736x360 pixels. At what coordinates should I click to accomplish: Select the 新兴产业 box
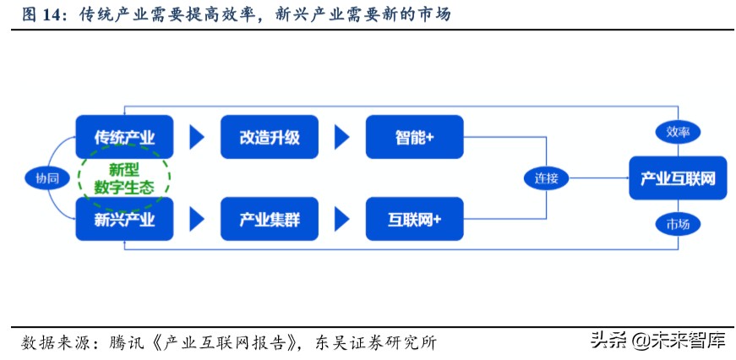123,221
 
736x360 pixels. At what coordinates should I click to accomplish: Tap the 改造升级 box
270,137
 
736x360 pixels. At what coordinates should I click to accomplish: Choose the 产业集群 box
270,221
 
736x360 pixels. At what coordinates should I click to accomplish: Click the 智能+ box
414,137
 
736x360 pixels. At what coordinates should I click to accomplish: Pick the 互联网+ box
414,221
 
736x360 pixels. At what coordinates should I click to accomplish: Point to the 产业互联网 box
678,178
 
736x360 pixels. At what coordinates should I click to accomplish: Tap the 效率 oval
678,132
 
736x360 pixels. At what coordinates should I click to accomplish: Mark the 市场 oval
678,224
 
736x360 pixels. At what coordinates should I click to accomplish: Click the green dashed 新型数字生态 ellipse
124,178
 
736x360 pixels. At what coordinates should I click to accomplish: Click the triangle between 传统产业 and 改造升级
197,137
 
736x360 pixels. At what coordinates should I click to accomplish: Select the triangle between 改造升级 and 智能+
341,137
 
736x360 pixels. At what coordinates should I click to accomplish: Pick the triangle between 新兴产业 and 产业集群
197,221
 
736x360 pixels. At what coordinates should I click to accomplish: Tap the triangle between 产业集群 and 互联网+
341,221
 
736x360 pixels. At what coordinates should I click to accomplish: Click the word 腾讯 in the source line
123,342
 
